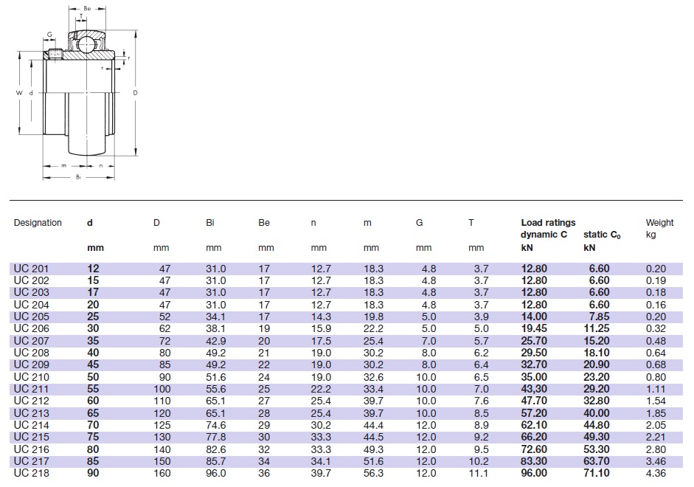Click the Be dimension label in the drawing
87,8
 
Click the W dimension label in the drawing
20,93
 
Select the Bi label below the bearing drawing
77,178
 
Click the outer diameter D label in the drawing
135,93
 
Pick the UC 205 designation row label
30,316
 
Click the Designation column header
38,223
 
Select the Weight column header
659,223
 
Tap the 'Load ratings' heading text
548,223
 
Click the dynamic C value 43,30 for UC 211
535,389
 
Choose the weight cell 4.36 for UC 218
655,473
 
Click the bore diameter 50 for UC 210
92,377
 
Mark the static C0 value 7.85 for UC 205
598,316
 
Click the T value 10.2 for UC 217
478,461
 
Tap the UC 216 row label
30,449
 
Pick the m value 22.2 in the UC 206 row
374,328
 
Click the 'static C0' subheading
601,235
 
